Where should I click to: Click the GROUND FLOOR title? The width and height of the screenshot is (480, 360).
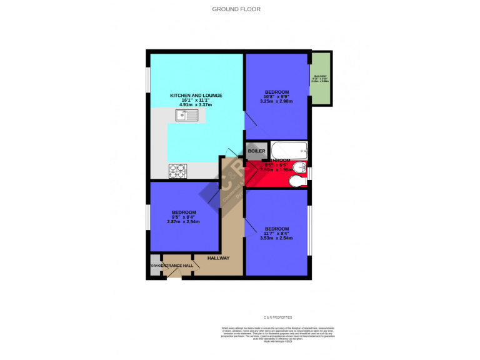point(236,9)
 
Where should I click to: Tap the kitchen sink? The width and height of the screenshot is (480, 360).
point(187,114)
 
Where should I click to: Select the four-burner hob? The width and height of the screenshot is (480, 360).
point(177,169)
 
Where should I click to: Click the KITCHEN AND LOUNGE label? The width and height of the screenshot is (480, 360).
point(196,96)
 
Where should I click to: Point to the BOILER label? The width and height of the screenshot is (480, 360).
point(257,151)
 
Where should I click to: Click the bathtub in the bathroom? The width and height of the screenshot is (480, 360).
point(288,150)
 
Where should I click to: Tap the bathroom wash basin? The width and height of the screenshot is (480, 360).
point(299,167)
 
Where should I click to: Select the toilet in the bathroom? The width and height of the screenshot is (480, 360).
point(298,181)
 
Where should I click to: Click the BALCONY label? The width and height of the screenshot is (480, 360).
point(323,77)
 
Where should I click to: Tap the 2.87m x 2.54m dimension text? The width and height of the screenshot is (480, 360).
point(184,222)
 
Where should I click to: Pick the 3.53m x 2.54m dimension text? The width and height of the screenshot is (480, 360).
point(276,238)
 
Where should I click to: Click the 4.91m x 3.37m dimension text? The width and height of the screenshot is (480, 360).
point(196,105)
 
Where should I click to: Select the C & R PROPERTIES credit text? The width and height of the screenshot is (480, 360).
point(277,317)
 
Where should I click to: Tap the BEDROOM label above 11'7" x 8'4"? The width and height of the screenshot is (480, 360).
point(276,228)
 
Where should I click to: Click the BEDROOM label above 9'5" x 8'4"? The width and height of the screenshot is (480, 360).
point(184,212)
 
